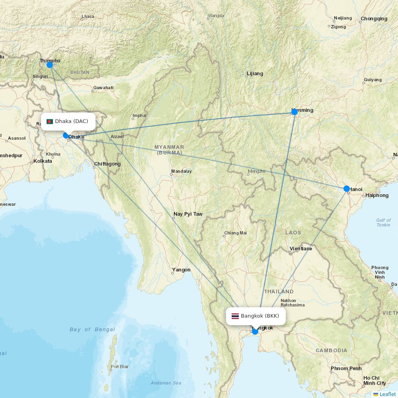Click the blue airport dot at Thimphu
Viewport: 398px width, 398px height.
click(50, 65)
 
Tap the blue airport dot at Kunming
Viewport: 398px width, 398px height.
click(295, 112)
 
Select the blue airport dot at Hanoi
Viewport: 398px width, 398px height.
click(347, 189)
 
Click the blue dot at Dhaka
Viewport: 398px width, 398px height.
click(66, 135)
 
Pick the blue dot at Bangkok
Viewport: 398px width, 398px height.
click(255, 331)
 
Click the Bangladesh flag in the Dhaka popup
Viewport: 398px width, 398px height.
click(50, 121)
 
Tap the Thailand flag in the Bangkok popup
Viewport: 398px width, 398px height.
click(235, 316)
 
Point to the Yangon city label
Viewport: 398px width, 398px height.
click(181, 270)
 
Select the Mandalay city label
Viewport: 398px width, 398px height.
click(181, 172)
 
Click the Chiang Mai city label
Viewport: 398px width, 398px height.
click(235, 233)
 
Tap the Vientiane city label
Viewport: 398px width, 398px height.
click(301, 248)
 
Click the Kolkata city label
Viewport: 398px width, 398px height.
click(43, 161)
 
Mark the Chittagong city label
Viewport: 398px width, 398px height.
click(107, 164)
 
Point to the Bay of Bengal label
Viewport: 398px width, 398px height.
click(92, 330)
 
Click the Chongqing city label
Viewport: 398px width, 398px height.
click(374, 19)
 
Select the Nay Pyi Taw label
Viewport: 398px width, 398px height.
click(188, 214)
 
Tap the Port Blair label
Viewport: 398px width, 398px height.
click(120, 367)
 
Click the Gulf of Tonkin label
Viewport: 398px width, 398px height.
click(383, 222)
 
